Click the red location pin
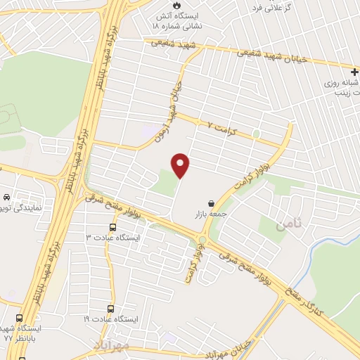(x=181, y=166)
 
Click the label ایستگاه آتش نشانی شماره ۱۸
(x=179, y=19)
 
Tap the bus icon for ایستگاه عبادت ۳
(x=113, y=227)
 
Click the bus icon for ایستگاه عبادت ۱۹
(x=110, y=309)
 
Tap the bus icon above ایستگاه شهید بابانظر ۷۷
(x=20, y=319)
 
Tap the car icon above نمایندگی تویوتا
(x=6, y=198)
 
